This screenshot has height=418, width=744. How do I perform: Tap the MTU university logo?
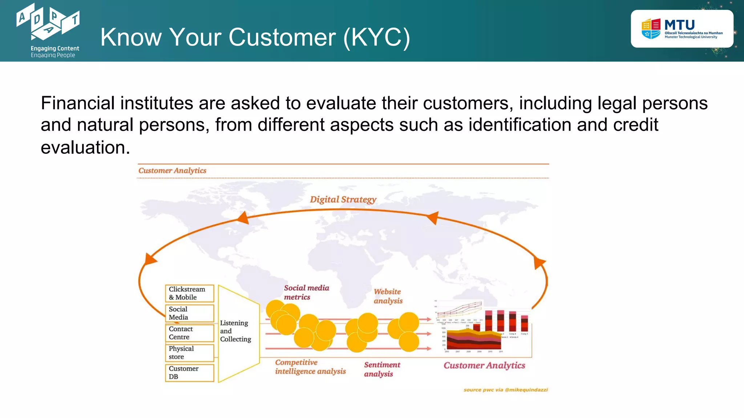682,29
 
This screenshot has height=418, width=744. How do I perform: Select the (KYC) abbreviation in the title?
377,37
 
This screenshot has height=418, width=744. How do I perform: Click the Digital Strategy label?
343,200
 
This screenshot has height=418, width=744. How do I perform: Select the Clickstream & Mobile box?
189,293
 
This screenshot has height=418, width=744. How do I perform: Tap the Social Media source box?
189,313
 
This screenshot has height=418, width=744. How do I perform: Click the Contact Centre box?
189,333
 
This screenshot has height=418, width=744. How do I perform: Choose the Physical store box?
189,353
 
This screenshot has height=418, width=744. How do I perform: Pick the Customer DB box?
189,373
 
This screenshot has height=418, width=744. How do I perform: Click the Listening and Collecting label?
235,331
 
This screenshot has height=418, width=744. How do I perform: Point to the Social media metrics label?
306,292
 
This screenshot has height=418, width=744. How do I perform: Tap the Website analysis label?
388,296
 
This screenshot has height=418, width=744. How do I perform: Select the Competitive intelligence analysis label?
310,367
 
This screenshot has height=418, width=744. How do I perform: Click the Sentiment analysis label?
382,369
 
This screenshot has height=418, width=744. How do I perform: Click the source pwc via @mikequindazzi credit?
505,390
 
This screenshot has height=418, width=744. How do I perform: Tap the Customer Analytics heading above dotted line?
172,171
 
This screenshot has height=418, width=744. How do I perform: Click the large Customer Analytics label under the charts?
484,365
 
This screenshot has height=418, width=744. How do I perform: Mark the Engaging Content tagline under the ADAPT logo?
55,48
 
